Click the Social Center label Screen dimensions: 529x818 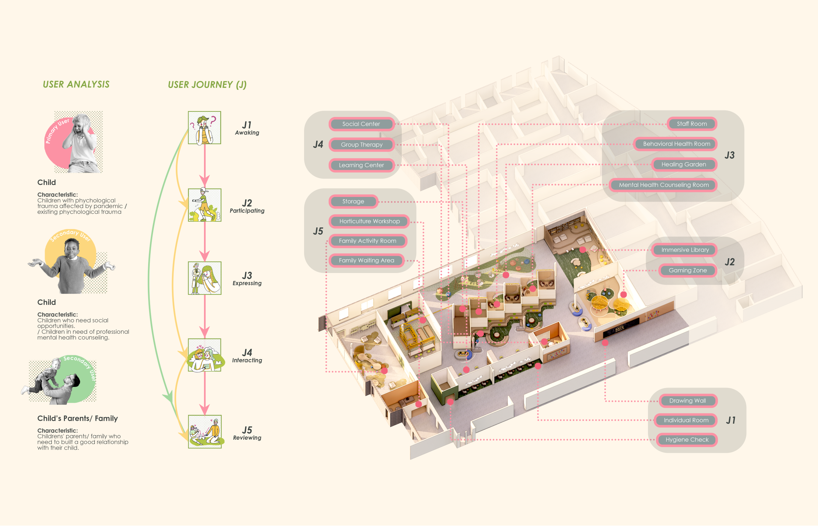click(361, 124)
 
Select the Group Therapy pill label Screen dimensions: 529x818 click(362, 145)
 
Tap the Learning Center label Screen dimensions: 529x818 click(361, 165)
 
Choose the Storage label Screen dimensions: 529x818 click(353, 201)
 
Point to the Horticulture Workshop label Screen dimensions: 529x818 click(370, 221)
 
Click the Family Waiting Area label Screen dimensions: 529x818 click(366, 260)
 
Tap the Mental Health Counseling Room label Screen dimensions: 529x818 click(663, 185)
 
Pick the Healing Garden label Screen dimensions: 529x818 click(684, 164)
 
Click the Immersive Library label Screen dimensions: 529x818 click(685, 250)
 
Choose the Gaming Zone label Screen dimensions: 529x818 click(688, 270)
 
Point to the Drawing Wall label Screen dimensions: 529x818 click(688, 401)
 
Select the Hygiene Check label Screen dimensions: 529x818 click(687, 440)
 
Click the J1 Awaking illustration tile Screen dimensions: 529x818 click(204, 128)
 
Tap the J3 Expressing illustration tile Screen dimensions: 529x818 click(204, 278)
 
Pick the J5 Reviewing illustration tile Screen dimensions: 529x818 click(204, 431)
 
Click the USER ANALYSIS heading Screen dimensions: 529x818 click(76, 84)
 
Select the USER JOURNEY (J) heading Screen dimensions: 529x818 click(207, 85)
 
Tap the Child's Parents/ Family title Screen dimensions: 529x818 click(77, 419)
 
